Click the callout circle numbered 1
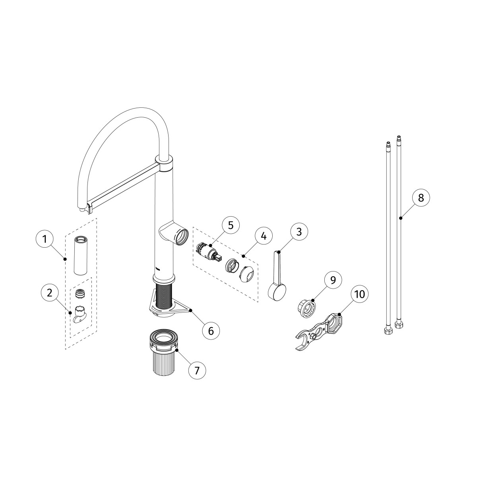[45, 239]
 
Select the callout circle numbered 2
[50, 293]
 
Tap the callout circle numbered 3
[299, 232]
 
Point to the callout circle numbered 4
[264, 236]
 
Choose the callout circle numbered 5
[231, 225]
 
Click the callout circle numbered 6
[211, 331]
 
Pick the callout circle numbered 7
[197, 370]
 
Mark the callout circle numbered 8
[421, 198]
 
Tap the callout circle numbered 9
[333, 280]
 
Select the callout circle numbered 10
[359, 295]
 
